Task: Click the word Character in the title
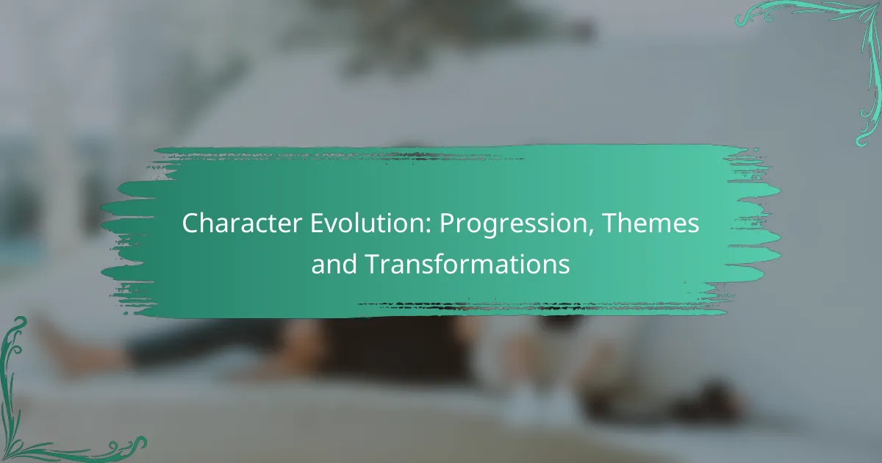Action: [x=242, y=223]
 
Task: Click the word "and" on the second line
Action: [x=334, y=264]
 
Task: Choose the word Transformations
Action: [x=467, y=264]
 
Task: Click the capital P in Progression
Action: [x=448, y=223]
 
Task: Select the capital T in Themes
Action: [x=610, y=223]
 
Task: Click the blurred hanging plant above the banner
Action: [x=433, y=32]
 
